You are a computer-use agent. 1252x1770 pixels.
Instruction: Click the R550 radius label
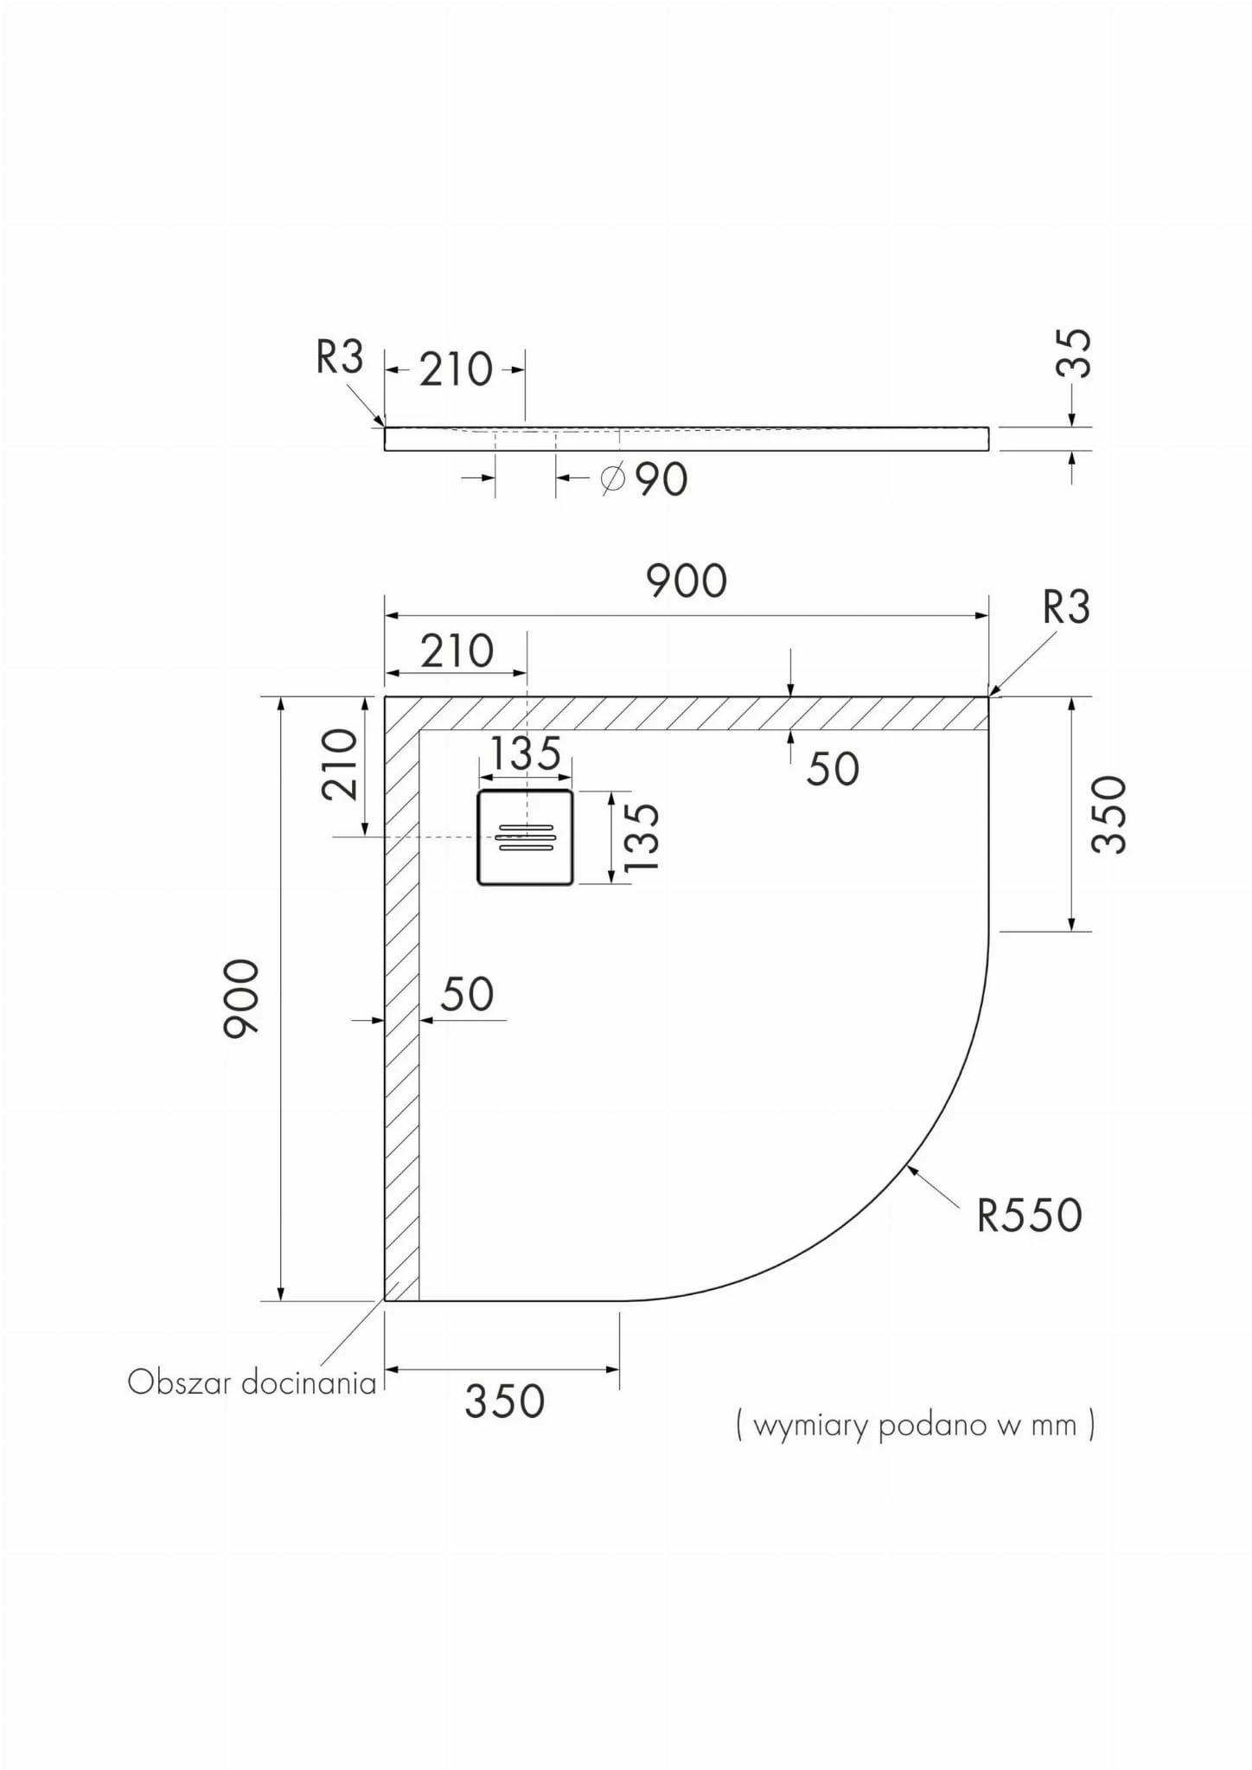pos(1029,1215)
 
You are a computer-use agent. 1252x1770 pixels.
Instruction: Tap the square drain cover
pos(525,837)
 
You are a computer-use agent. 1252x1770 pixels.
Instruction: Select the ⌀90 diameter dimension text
pos(644,478)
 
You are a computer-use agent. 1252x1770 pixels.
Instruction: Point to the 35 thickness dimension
pos(1075,354)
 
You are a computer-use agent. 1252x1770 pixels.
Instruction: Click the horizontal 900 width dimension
pos(687,580)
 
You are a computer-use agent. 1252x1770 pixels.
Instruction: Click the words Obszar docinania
pos(252,1382)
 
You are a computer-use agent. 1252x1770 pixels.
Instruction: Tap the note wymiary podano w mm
pos(915,1425)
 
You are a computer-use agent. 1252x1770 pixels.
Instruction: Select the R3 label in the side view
pos(340,356)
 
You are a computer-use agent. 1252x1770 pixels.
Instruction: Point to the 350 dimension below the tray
pos(505,1401)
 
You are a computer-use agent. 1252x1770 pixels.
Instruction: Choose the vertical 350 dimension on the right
pos(1110,814)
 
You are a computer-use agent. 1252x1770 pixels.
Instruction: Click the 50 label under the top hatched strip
pos(833,768)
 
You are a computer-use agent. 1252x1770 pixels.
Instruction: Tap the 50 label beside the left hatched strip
pos(467,994)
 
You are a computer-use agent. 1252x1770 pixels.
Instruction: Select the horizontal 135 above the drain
pos(526,754)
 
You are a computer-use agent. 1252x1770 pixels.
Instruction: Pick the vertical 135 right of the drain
pos(642,837)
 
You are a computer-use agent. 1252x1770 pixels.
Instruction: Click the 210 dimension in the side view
pos(457,369)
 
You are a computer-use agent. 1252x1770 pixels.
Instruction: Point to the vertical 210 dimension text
pos(339,764)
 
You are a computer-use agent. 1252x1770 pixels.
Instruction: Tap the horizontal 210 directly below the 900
pos(457,651)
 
